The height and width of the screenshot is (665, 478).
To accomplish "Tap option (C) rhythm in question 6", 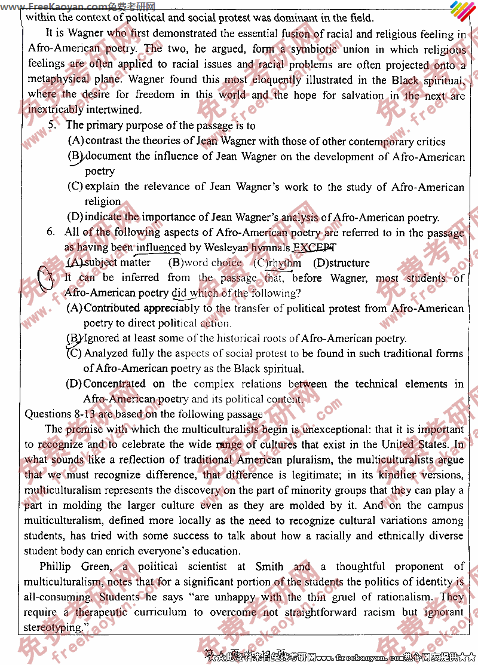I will pyautogui.click(x=277, y=263).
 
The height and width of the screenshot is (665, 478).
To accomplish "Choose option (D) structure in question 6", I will pyautogui.click(x=341, y=263).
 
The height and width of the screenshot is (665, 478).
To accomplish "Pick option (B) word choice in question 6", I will pyautogui.click(x=205, y=263).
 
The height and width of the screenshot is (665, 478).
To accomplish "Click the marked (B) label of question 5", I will pyautogui.click(x=75, y=157).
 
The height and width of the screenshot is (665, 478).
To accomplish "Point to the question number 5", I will pyautogui.click(x=53, y=126).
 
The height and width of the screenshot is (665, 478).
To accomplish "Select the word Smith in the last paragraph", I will pyautogui.click(x=269, y=566).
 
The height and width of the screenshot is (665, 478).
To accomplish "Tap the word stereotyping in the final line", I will pyautogui.click(x=53, y=627).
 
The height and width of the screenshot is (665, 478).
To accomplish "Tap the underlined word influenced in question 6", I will pyautogui.click(x=161, y=248).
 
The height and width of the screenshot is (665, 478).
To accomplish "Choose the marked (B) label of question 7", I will pyautogui.click(x=74, y=338).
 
